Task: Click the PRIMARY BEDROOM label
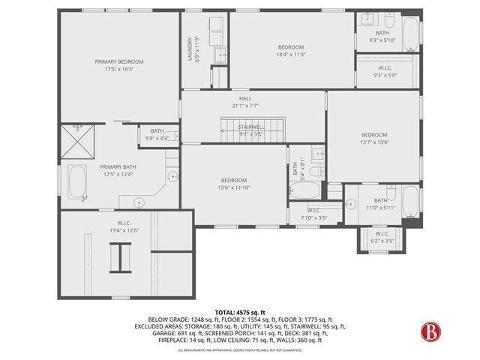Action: click(119, 61)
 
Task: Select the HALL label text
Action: click(245, 97)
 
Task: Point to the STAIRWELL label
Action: click(252, 127)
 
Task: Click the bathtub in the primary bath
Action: click(77, 182)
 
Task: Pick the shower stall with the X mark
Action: click(77, 139)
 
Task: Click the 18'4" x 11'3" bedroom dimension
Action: click(290, 54)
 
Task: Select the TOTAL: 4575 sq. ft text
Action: click(239, 312)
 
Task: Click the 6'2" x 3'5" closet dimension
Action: click(382, 241)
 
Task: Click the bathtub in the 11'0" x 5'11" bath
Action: click(409, 200)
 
